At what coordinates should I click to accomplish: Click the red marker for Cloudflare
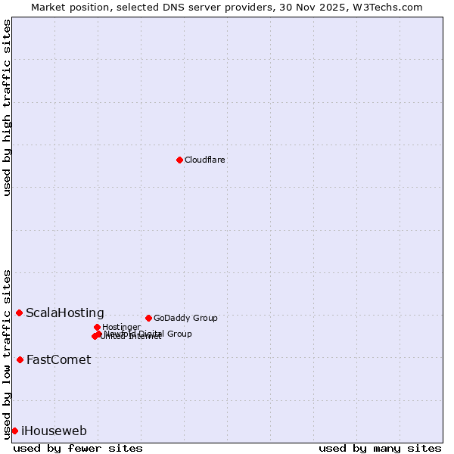[x=179, y=160]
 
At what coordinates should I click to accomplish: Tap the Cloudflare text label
[x=205, y=160]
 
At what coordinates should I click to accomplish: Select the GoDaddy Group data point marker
[x=148, y=318]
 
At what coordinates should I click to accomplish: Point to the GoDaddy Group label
[x=185, y=319]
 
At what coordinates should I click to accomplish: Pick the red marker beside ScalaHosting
[x=19, y=313]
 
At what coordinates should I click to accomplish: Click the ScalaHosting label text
[x=65, y=313]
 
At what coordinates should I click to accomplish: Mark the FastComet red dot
[x=20, y=359]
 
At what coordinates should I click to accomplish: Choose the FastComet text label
[x=58, y=360]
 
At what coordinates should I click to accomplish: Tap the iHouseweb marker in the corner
[x=14, y=431]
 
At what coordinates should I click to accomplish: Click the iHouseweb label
[x=54, y=431]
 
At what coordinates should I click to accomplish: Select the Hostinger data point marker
[x=97, y=327]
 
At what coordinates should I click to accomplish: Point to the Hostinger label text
[x=122, y=328]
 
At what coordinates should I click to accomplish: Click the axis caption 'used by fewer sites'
[x=78, y=449]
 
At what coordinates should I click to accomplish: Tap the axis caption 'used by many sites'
[x=380, y=449]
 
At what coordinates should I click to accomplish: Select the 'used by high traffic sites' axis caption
[x=8, y=107]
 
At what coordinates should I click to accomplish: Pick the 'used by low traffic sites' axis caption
[x=8, y=353]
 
